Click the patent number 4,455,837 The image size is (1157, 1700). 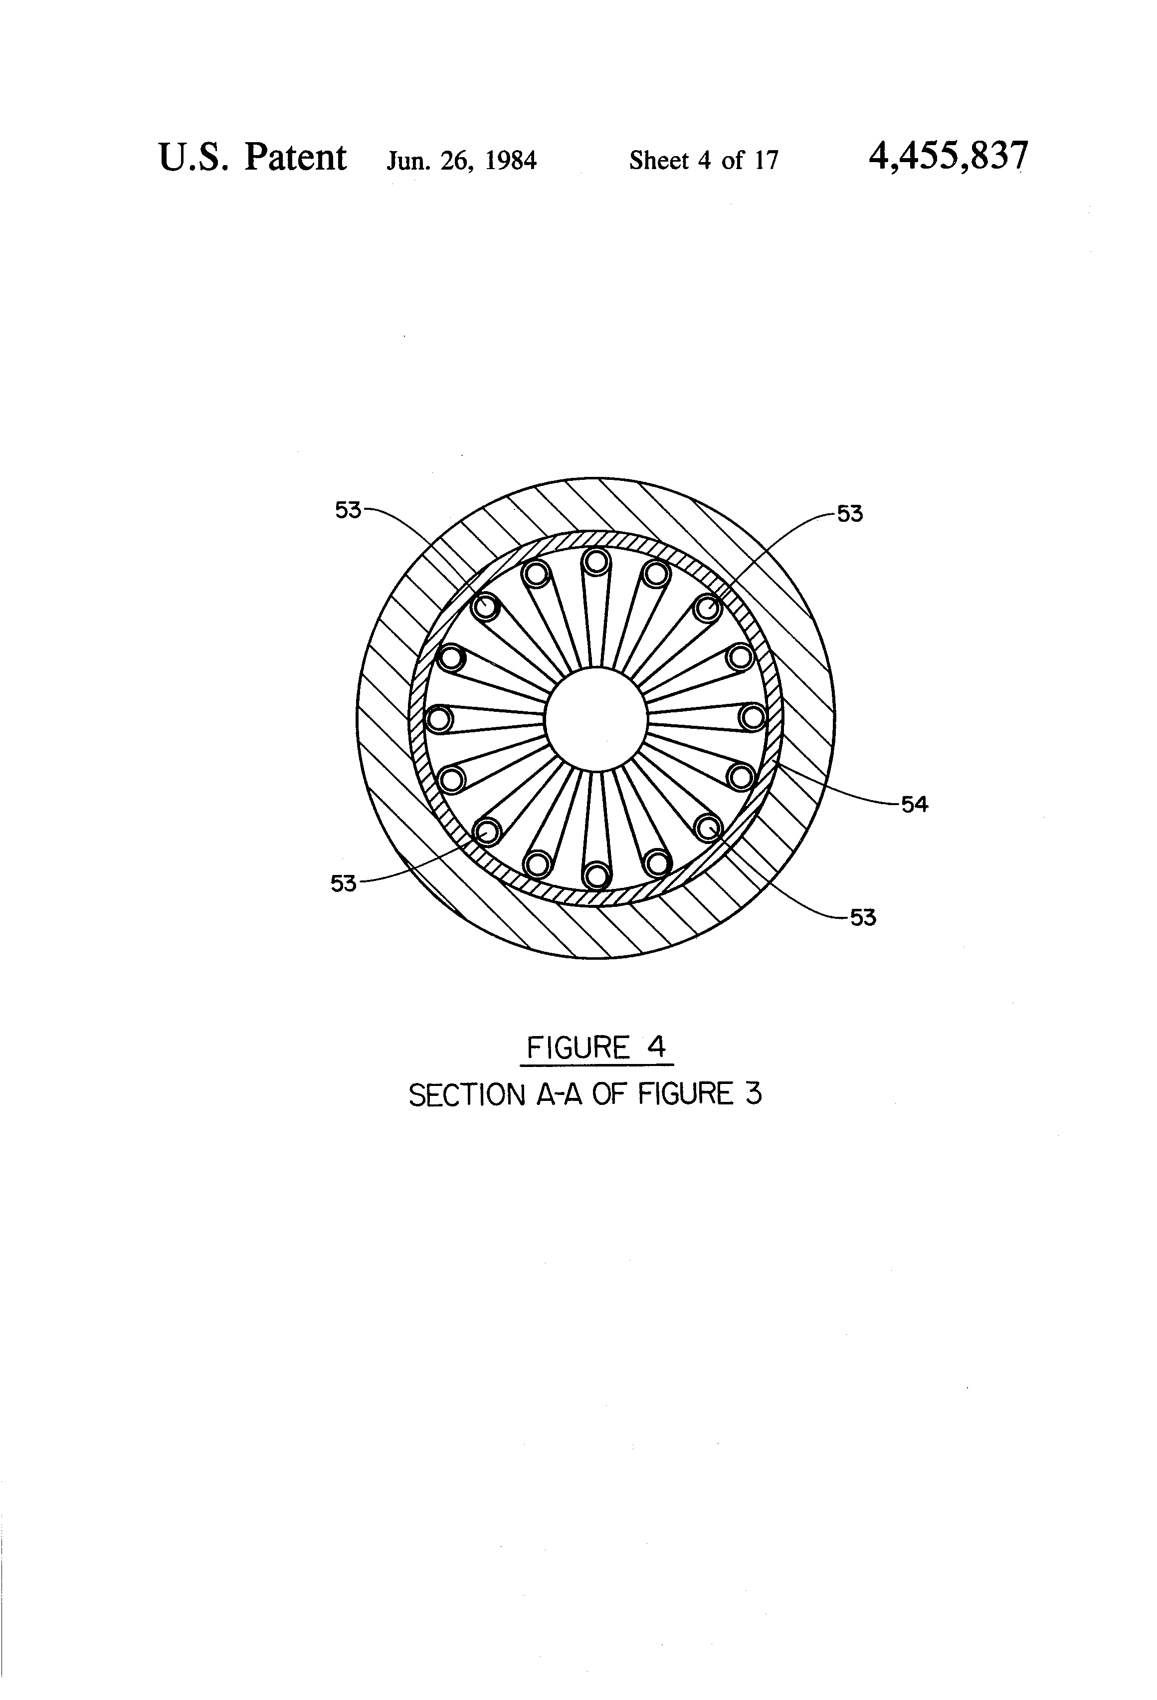tap(948, 157)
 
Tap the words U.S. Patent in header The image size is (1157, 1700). tap(252, 157)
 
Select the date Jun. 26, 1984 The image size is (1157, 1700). tap(461, 160)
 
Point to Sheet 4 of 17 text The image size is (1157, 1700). tap(704, 160)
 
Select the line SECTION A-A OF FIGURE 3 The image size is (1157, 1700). tap(585, 1094)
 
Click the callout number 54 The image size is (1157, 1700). tap(914, 805)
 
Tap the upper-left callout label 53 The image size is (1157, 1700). tap(348, 510)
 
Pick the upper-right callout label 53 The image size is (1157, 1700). tap(850, 514)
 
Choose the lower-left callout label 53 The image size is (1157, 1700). tap(344, 883)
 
